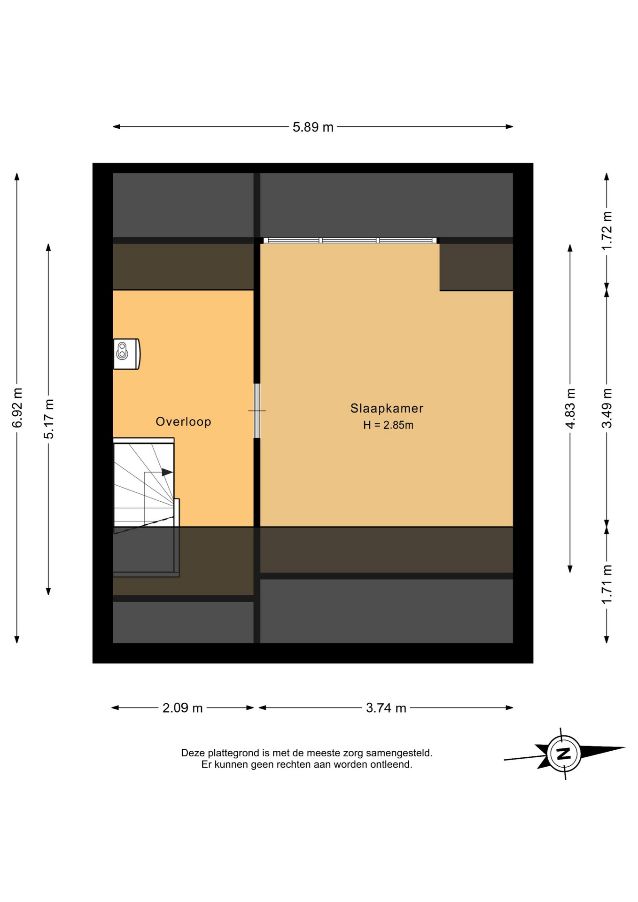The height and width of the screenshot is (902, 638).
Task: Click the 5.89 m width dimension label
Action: point(313,127)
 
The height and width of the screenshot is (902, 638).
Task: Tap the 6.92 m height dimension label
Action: point(17,408)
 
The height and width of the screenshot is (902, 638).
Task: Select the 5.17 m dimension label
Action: point(49,419)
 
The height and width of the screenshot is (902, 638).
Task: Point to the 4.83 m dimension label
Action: point(570,408)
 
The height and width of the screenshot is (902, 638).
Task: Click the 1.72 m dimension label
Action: point(607,231)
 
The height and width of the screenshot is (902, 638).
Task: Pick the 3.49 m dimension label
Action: point(607,408)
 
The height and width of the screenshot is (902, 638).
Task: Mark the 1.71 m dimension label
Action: point(607,584)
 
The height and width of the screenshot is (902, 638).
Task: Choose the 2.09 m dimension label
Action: point(183,708)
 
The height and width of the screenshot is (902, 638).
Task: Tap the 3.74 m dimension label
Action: point(386,708)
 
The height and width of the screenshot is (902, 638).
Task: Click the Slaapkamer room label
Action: point(387,408)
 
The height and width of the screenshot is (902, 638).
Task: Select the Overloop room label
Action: point(183,421)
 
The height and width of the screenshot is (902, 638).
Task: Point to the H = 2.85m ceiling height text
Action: point(388,425)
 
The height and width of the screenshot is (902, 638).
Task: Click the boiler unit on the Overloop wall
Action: point(126,354)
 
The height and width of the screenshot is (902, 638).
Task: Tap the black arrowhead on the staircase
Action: point(167,472)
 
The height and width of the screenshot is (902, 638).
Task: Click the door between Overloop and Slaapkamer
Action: point(257,411)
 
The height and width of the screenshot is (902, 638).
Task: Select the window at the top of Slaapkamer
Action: point(350,241)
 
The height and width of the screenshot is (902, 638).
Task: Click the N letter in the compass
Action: point(563,754)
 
